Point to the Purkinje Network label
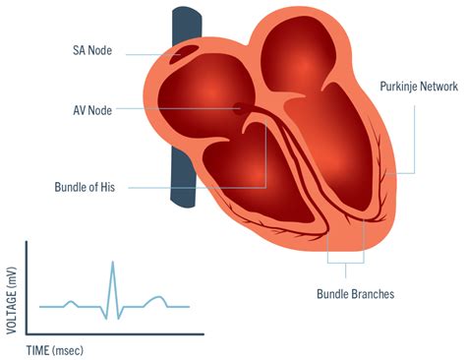click(418, 87)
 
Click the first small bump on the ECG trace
click(69, 302)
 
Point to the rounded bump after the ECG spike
click(154, 299)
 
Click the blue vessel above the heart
click(187, 25)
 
